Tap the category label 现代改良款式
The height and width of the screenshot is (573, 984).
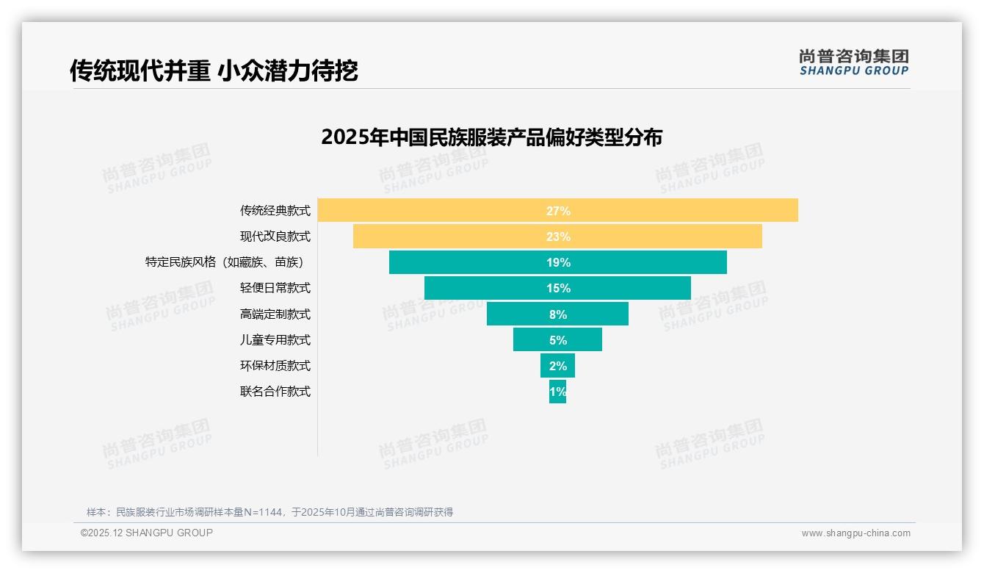click(275, 237)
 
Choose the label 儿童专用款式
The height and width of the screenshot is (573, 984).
click(275, 339)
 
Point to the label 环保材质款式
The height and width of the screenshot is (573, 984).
click(275, 365)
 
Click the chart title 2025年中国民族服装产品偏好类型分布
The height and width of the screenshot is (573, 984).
click(491, 137)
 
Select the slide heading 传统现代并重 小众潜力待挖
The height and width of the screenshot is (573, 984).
click(214, 71)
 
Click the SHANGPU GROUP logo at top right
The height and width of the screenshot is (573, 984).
click(853, 62)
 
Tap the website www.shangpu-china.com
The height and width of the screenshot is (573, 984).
click(855, 533)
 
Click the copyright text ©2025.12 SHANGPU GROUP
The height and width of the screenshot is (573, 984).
click(147, 533)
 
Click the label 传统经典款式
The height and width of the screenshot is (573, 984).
click(275, 211)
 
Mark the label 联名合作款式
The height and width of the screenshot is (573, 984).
click(275, 391)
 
